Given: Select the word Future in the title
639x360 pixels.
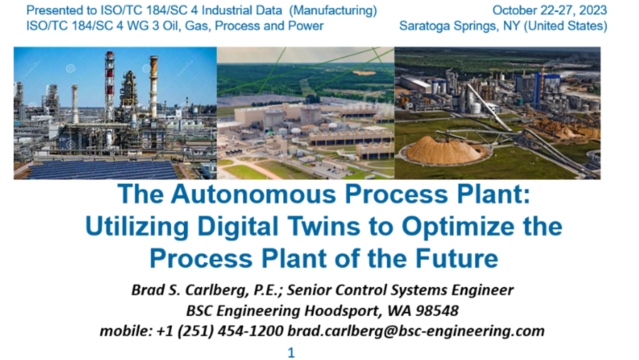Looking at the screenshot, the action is (457, 258).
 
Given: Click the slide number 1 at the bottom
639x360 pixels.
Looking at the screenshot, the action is (291, 353).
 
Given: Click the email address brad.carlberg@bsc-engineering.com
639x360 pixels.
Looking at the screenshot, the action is (416, 331).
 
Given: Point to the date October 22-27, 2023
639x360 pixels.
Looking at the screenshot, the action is (550, 10).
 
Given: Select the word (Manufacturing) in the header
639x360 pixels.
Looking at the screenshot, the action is (333, 11).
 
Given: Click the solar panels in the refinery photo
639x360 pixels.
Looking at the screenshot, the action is (102, 170).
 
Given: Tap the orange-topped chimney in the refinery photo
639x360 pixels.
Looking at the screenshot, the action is (153, 86).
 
